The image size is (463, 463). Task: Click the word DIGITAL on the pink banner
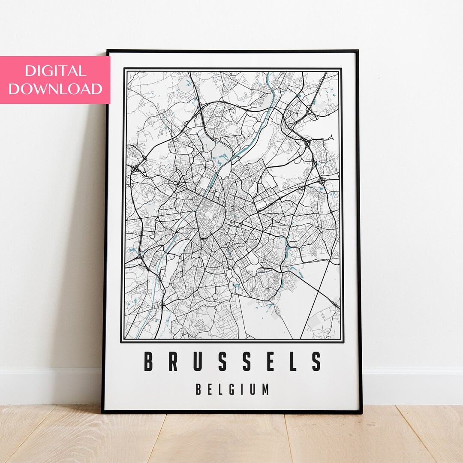click(x=55, y=71)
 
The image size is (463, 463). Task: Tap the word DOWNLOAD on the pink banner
click(x=55, y=89)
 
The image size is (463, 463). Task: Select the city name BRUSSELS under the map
click(x=232, y=361)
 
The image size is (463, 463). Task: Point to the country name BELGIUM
click(x=232, y=390)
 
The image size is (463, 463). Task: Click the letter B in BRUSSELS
click(x=148, y=361)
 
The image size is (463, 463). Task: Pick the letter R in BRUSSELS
click(x=173, y=361)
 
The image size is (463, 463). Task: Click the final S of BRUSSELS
click(x=316, y=361)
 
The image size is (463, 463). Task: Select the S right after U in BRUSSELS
click(x=222, y=361)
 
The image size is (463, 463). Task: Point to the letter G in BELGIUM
click(x=233, y=390)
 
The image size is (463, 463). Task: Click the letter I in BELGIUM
click(x=244, y=390)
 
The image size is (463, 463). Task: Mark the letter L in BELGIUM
click(x=221, y=390)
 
